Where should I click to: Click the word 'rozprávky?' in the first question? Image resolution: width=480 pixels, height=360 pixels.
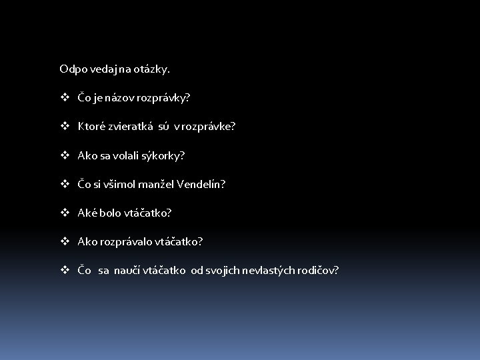click(x=165, y=98)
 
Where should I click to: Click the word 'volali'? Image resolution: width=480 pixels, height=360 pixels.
click(x=129, y=155)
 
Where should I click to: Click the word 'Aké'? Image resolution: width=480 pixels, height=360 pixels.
click(x=87, y=213)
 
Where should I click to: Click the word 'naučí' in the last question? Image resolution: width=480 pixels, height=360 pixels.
click(x=127, y=271)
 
